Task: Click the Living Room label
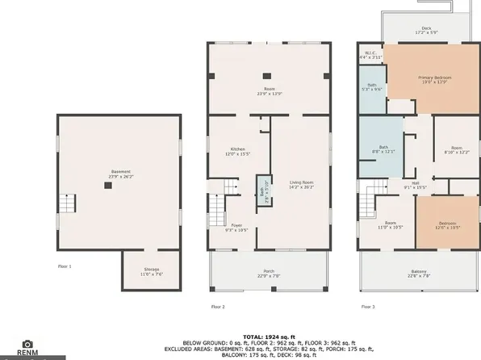[x=301, y=184]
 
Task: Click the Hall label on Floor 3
[x=415, y=184]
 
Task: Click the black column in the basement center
[x=107, y=186]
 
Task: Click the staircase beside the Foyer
[x=215, y=209]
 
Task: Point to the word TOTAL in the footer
[x=253, y=335]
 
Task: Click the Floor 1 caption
[x=65, y=266]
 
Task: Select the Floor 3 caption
[x=367, y=307]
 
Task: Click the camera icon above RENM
[x=27, y=344]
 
